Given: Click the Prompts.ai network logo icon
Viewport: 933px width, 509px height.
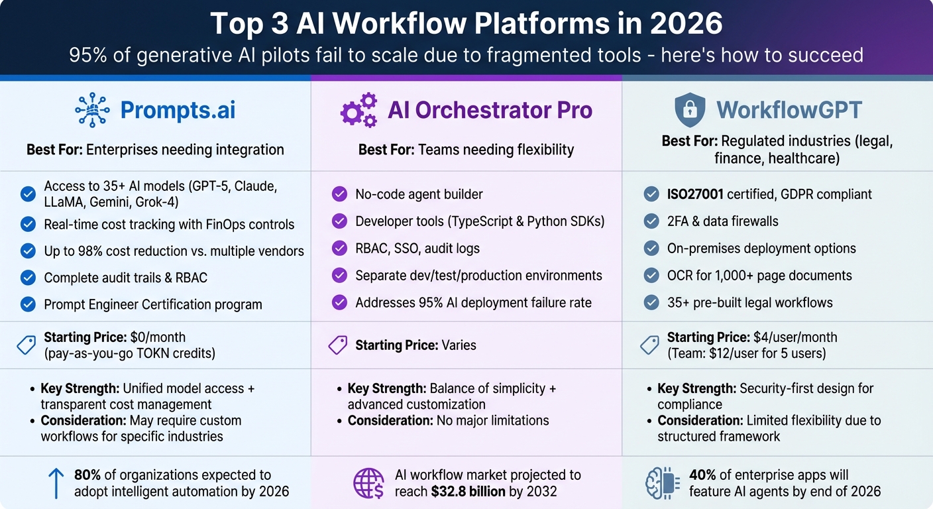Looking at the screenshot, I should (92, 110).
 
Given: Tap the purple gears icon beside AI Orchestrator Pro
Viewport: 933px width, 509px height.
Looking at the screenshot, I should (358, 110).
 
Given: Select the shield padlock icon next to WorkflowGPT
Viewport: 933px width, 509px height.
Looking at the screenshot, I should (689, 110).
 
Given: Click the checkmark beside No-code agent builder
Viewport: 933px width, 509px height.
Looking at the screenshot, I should (339, 194).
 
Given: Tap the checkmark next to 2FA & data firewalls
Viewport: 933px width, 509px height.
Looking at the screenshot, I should (651, 221).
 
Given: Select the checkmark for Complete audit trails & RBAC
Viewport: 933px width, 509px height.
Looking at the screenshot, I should (28, 277).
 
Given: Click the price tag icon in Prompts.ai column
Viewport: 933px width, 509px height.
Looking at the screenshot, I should (27, 345).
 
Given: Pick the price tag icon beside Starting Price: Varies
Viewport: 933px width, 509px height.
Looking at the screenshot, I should (338, 345).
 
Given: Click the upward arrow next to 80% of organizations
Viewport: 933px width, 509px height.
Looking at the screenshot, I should (56, 483).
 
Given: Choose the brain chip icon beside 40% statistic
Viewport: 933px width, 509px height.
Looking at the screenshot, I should (662, 483).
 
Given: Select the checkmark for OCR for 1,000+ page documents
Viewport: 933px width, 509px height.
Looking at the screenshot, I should (651, 276).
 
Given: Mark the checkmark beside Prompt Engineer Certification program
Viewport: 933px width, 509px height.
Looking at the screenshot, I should (28, 304).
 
